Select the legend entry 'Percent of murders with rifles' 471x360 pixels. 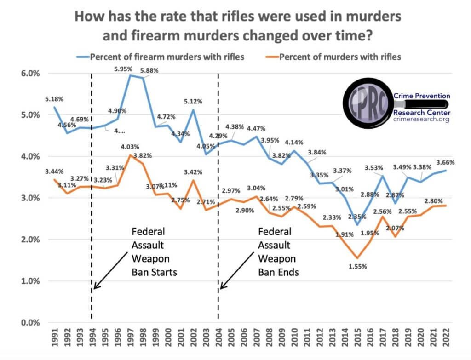(x=339, y=57)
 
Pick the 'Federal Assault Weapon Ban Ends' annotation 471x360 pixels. (x=278, y=251)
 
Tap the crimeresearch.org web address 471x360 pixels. (x=421, y=119)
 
